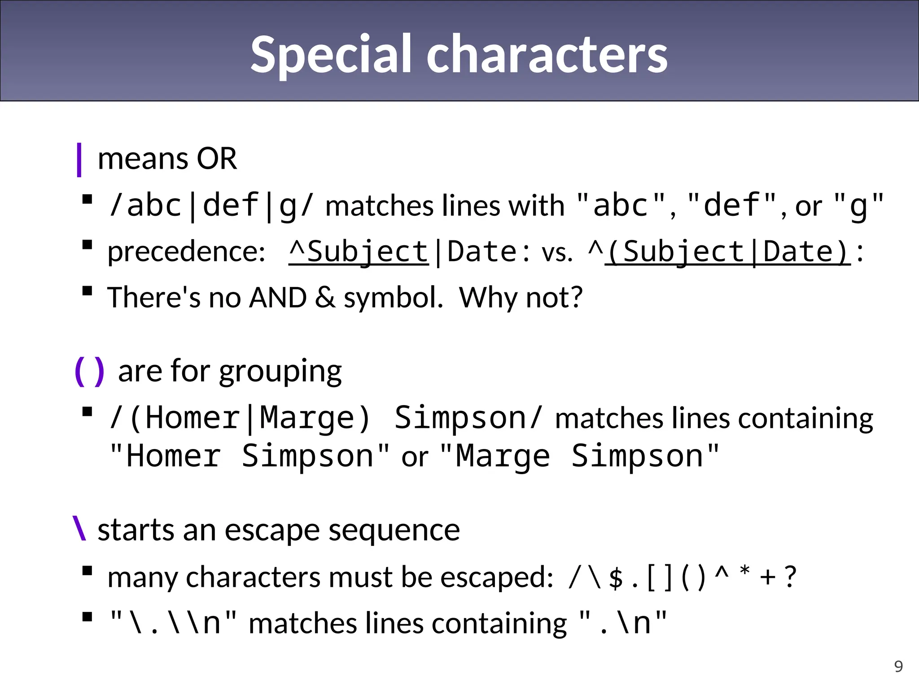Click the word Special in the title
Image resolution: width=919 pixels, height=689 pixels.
pyautogui.click(x=331, y=55)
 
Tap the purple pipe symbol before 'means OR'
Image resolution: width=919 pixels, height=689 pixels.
pyautogui.click(x=79, y=160)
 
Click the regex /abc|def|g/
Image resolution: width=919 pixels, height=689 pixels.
pyautogui.click(x=211, y=206)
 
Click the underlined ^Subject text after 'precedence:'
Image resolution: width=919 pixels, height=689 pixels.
pyautogui.click(x=359, y=252)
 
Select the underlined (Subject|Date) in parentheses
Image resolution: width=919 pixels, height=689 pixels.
pyautogui.click(x=727, y=252)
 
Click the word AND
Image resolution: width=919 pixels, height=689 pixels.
pyautogui.click(x=278, y=297)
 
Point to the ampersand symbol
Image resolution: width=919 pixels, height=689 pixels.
pyautogui.click(x=325, y=297)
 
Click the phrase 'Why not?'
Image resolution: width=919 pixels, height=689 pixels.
pyautogui.click(x=521, y=297)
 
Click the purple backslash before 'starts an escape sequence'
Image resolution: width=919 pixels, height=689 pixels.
pyautogui.click(x=79, y=529)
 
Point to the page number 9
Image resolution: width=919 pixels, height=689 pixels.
pyautogui.click(x=898, y=667)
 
